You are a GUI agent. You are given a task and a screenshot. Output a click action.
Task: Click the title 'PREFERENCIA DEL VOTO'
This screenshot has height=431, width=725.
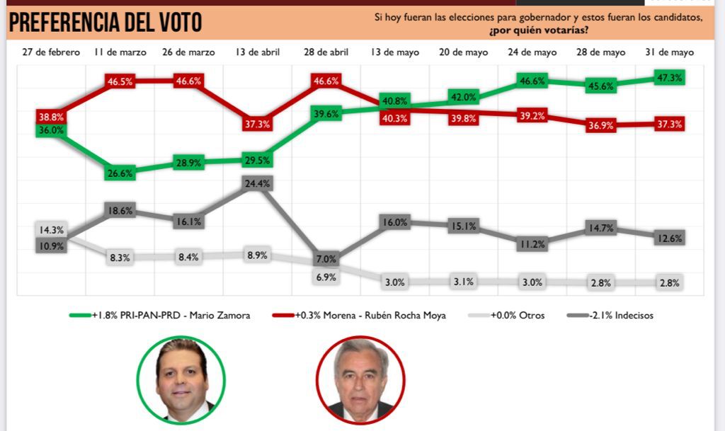105,23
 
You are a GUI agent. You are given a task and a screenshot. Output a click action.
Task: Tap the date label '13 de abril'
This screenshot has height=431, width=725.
257,53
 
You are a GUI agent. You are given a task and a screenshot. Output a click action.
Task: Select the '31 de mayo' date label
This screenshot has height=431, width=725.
669,53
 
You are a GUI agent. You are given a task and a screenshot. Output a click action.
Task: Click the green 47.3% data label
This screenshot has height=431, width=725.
669,78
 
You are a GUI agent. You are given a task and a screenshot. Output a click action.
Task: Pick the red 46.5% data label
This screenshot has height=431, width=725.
120,81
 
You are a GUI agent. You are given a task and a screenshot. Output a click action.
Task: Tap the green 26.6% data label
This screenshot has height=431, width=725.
120,172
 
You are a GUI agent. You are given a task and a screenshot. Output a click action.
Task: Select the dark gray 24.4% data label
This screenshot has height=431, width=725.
257,183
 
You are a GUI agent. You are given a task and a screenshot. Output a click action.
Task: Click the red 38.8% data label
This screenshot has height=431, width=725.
51,116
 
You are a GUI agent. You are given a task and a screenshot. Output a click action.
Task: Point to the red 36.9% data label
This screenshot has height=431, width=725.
600,125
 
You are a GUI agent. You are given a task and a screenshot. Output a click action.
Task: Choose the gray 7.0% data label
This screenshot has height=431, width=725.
326,259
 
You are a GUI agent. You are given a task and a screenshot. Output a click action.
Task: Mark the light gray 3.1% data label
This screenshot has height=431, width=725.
463,282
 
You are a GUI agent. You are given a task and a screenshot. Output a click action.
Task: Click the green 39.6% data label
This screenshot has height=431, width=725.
326,113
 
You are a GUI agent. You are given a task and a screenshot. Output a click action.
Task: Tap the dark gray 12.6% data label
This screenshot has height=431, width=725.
669,239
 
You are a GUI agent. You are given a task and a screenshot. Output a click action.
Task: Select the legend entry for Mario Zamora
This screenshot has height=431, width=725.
162,316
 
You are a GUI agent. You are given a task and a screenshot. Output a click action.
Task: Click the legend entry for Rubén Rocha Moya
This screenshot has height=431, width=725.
359,316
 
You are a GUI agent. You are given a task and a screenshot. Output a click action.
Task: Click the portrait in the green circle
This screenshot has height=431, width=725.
181,379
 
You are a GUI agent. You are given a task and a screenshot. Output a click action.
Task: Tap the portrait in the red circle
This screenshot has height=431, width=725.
360,380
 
